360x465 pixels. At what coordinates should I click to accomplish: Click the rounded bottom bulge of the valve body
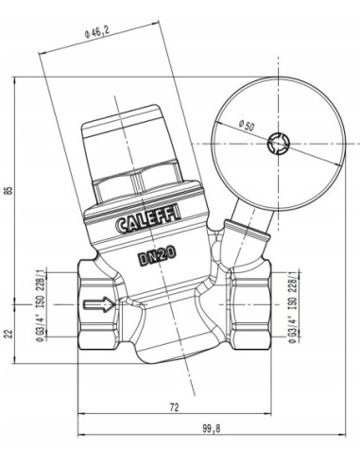point(172,352)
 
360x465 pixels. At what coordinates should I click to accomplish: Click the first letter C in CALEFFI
point(123,227)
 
